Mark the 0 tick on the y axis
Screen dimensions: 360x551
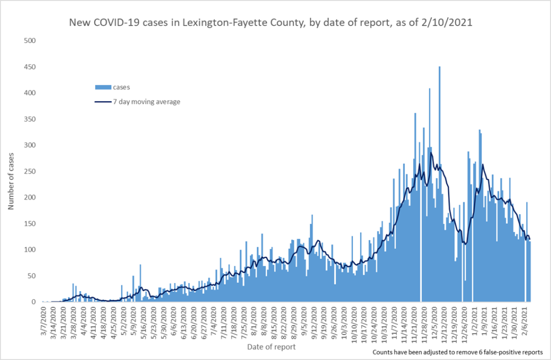pyautogui.click(x=33, y=302)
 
